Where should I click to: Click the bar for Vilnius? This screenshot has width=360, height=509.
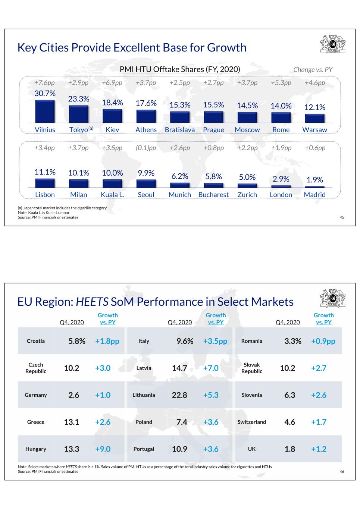(45, 111)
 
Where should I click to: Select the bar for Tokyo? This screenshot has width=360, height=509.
(79, 114)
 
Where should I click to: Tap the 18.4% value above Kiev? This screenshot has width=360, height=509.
(112, 103)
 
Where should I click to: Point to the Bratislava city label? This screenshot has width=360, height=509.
(180, 129)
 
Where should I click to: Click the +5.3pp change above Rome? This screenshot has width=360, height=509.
(281, 82)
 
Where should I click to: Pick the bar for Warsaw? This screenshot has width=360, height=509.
(314, 118)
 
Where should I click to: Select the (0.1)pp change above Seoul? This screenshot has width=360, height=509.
(146, 148)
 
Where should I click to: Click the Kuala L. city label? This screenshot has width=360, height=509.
(112, 195)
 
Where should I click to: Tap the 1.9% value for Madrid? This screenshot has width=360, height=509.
(315, 180)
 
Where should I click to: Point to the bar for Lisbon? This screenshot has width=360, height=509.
(45, 183)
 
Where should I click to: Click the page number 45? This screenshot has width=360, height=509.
(342, 217)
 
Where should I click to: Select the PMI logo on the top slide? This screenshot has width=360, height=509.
(333, 44)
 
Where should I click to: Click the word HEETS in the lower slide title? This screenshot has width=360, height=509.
(92, 302)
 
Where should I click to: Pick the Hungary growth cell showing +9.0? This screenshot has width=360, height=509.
(103, 449)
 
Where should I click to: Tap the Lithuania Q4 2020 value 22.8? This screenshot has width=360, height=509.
(179, 395)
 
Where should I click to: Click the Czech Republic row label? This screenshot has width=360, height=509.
(36, 368)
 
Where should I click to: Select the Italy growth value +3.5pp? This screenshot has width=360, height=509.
(215, 341)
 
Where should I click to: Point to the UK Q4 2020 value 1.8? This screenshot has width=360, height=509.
(290, 449)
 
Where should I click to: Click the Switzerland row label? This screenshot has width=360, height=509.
(251, 422)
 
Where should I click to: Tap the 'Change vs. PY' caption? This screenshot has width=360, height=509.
(313, 69)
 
